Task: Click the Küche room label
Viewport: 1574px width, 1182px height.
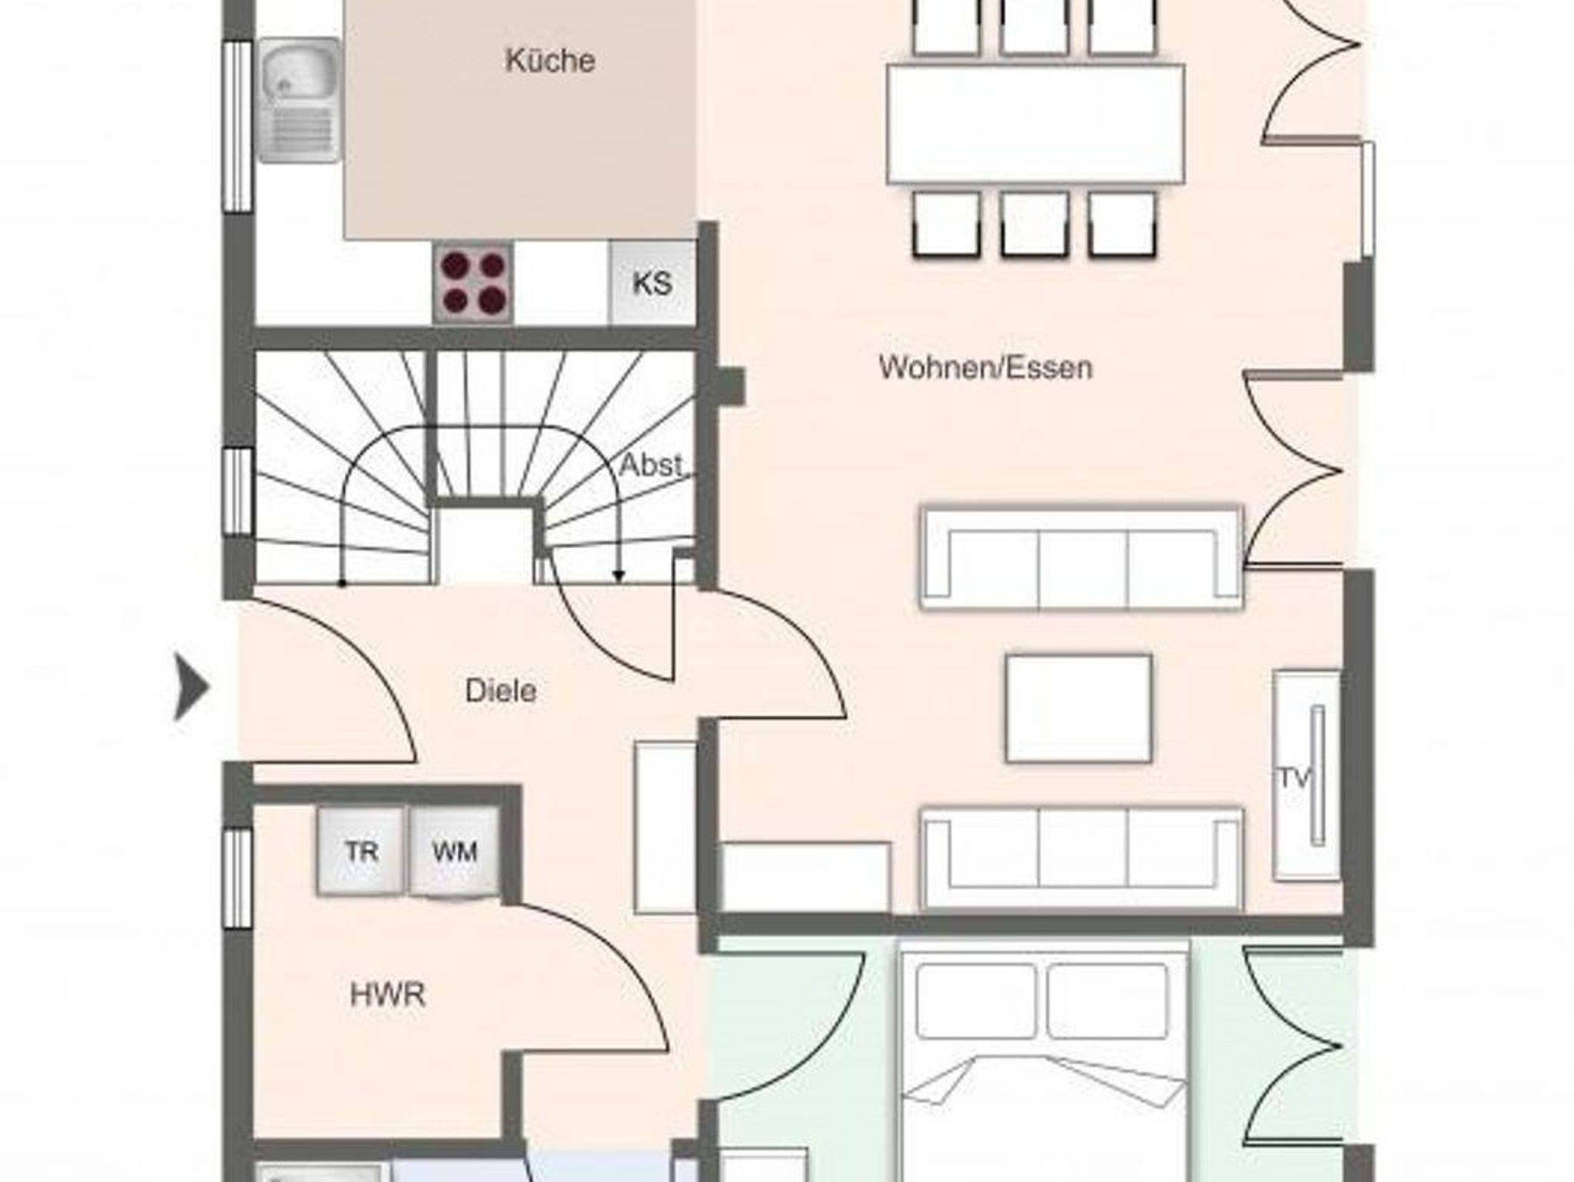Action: click(550, 61)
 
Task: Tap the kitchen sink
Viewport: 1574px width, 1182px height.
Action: click(299, 100)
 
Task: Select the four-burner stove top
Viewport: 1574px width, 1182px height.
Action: click(473, 282)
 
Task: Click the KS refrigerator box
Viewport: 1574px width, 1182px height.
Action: click(652, 282)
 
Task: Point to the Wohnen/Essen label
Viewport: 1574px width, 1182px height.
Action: click(985, 367)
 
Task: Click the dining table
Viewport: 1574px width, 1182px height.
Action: click(1035, 124)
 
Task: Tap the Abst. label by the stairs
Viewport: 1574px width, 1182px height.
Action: click(651, 465)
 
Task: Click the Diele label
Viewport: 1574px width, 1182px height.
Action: click(500, 691)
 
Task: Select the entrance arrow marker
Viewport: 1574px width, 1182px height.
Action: click(191, 686)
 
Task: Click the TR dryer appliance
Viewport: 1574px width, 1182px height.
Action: click(361, 851)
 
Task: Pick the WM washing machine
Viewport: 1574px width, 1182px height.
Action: click(454, 851)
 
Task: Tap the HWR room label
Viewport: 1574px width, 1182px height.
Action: click(387, 995)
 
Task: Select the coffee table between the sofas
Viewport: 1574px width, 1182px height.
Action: click(1079, 708)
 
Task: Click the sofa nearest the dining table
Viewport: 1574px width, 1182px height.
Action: click(1081, 557)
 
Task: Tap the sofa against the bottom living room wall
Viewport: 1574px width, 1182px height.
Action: click(1081, 858)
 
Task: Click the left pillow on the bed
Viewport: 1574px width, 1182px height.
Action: click(976, 1001)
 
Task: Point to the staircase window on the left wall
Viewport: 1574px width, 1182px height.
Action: click(239, 491)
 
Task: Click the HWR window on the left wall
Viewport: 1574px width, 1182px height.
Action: click(239, 878)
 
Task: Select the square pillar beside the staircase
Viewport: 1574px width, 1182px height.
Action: click(731, 386)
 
